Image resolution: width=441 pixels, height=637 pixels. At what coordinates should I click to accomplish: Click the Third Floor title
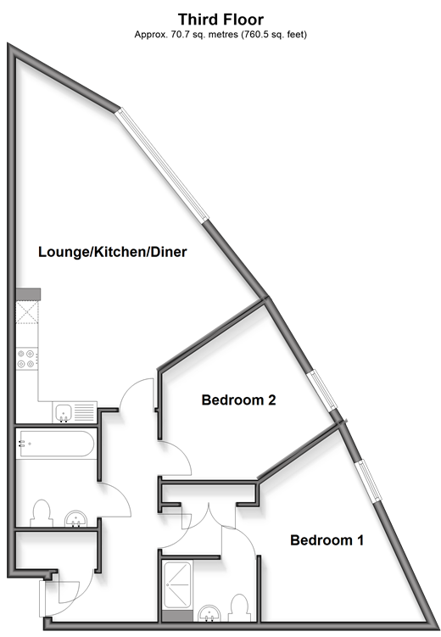220,20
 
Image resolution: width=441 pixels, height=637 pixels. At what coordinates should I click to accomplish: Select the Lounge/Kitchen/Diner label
113,252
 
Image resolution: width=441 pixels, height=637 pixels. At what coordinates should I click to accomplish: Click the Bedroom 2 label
239,400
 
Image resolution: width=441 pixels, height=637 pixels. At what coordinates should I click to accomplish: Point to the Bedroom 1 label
327,540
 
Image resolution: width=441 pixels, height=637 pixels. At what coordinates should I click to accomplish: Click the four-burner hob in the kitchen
27,359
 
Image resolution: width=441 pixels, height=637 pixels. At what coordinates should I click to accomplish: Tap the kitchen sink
75,412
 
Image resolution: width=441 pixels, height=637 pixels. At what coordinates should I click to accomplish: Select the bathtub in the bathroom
57,444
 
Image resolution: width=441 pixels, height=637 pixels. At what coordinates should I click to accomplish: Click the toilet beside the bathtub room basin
42,513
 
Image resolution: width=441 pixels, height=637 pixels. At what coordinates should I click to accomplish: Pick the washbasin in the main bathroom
76,519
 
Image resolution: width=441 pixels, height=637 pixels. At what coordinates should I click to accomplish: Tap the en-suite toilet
239,607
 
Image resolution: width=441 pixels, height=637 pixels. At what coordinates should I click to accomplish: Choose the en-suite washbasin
209,613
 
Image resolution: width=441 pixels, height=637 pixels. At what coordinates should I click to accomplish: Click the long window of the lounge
162,165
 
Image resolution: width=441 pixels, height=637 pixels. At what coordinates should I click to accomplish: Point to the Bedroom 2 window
322,390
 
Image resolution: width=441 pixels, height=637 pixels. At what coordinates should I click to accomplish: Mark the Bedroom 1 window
368,482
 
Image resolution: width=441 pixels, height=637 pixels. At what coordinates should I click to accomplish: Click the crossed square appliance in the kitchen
27,312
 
